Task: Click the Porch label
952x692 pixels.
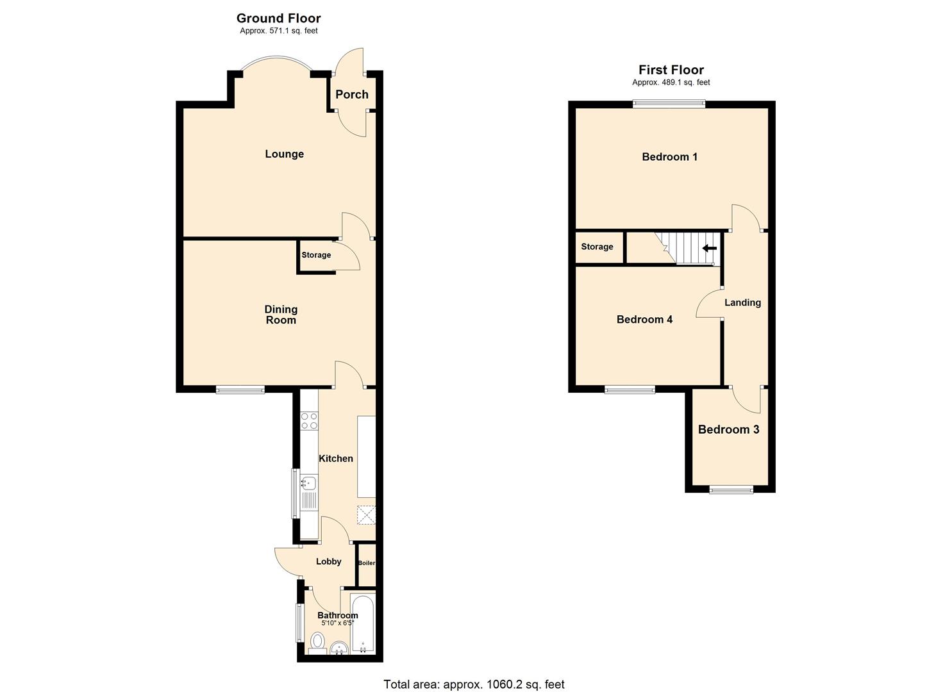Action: tap(352, 94)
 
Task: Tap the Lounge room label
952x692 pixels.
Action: tap(284, 154)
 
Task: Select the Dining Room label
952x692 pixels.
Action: tap(281, 315)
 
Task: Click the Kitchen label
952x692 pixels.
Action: tap(336, 458)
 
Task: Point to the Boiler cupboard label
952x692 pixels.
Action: tap(366, 563)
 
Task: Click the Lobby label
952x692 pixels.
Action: tap(328, 561)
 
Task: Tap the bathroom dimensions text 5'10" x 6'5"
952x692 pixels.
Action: tap(338, 623)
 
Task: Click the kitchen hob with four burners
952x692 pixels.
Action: tap(309, 420)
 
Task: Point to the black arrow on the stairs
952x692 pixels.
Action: tap(710, 248)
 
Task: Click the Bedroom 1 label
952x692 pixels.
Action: tap(669, 157)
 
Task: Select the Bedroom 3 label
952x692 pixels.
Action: tap(728, 429)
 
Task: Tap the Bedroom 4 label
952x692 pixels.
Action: tap(644, 319)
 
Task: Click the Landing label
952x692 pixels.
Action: tap(742, 302)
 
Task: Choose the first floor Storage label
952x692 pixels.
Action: tap(597, 247)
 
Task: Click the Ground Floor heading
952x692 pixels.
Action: tap(278, 18)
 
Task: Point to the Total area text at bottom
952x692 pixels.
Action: tap(474, 684)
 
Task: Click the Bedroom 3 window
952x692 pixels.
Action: tap(731, 490)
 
